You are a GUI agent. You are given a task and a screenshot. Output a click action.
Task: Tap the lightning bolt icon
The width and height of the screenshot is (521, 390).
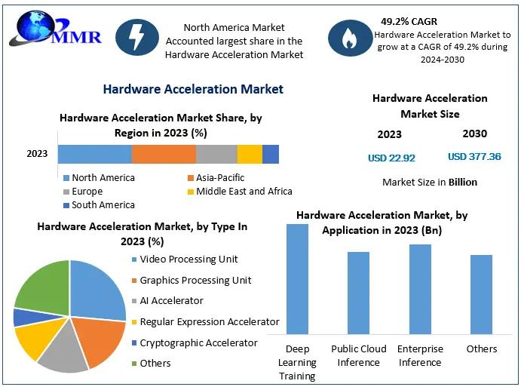click(137, 37)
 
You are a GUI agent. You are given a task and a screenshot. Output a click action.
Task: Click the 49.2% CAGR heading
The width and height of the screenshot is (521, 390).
click(409, 21)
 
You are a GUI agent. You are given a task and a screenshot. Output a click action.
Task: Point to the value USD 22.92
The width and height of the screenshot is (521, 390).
click(391, 158)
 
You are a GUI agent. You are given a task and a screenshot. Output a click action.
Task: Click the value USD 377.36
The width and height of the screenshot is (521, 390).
click(474, 157)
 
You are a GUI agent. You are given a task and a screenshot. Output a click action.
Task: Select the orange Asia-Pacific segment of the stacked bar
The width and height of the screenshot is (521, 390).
click(164, 154)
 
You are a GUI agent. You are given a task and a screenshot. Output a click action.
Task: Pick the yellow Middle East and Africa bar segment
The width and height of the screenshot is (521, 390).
click(250, 154)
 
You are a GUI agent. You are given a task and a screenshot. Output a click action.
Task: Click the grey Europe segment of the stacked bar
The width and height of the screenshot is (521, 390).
click(216, 154)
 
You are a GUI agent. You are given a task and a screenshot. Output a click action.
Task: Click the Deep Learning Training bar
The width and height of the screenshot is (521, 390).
click(297, 278)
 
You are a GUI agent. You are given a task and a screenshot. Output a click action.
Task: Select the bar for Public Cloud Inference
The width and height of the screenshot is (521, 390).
click(358, 292)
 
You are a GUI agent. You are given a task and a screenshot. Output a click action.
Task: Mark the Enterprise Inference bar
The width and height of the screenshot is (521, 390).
click(420, 288)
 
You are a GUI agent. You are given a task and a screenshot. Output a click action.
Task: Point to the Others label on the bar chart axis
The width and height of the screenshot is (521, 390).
click(482, 349)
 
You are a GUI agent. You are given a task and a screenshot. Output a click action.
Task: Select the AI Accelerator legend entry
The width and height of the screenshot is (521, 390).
click(171, 301)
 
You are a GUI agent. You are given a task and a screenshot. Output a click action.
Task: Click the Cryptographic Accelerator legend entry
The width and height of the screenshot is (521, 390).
click(198, 342)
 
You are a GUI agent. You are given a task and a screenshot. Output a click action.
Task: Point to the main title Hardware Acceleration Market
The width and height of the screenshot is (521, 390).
click(193, 89)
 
